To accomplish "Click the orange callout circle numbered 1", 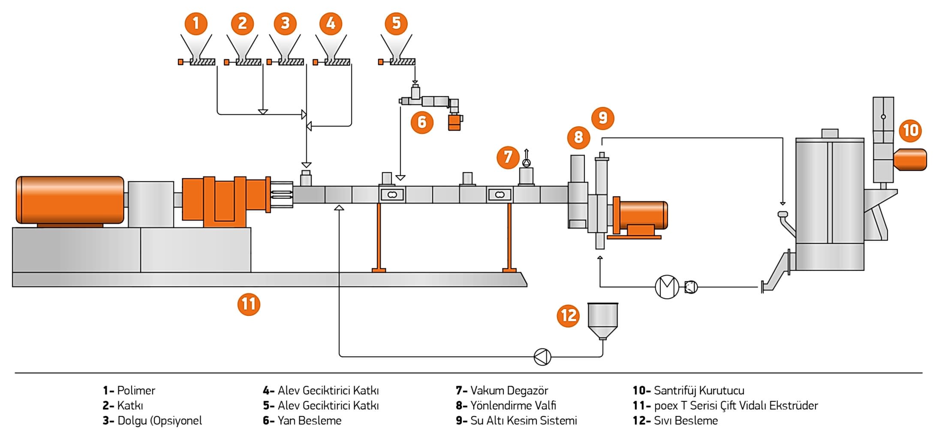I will [x=196, y=23].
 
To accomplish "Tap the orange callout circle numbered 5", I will [x=396, y=23].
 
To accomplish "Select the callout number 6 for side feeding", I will [x=422, y=122].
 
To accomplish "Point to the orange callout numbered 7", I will [x=508, y=157].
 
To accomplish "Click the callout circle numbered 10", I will [x=911, y=130].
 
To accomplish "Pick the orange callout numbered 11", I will [x=249, y=304].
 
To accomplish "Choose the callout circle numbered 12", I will [x=569, y=316].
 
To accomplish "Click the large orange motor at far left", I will [x=70, y=200].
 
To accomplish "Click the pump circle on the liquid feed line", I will [x=542, y=357].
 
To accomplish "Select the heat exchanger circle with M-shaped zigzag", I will [x=667, y=287].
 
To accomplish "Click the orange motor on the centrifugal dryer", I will [x=910, y=159].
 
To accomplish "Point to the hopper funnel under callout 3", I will [x=285, y=46].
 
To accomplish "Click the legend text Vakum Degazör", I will [x=509, y=391].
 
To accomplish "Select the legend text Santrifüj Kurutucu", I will [x=699, y=391].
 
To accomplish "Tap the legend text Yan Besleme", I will [x=309, y=421].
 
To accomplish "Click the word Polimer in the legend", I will [x=136, y=391].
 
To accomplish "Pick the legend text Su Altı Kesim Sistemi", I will [x=524, y=421].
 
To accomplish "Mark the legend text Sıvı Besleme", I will [x=686, y=421].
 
